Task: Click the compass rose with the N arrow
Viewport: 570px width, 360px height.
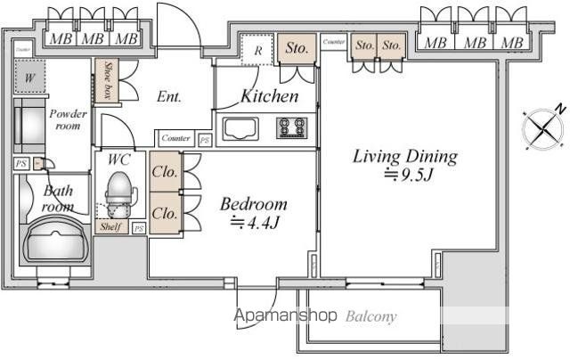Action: (544, 129)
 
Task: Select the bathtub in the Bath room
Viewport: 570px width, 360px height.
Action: (55, 238)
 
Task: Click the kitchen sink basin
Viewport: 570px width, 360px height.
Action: (240, 129)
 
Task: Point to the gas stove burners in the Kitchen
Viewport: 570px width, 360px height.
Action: (290, 128)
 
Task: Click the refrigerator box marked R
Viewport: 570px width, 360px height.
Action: (256, 51)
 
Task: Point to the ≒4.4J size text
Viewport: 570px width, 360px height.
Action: (256, 222)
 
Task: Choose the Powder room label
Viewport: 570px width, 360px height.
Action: (69, 119)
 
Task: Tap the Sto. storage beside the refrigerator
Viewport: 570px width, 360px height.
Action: (297, 49)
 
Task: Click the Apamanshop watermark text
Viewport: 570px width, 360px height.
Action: (285, 315)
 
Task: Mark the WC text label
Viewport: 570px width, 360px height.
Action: (119, 159)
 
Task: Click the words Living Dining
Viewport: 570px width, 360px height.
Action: (405, 157)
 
